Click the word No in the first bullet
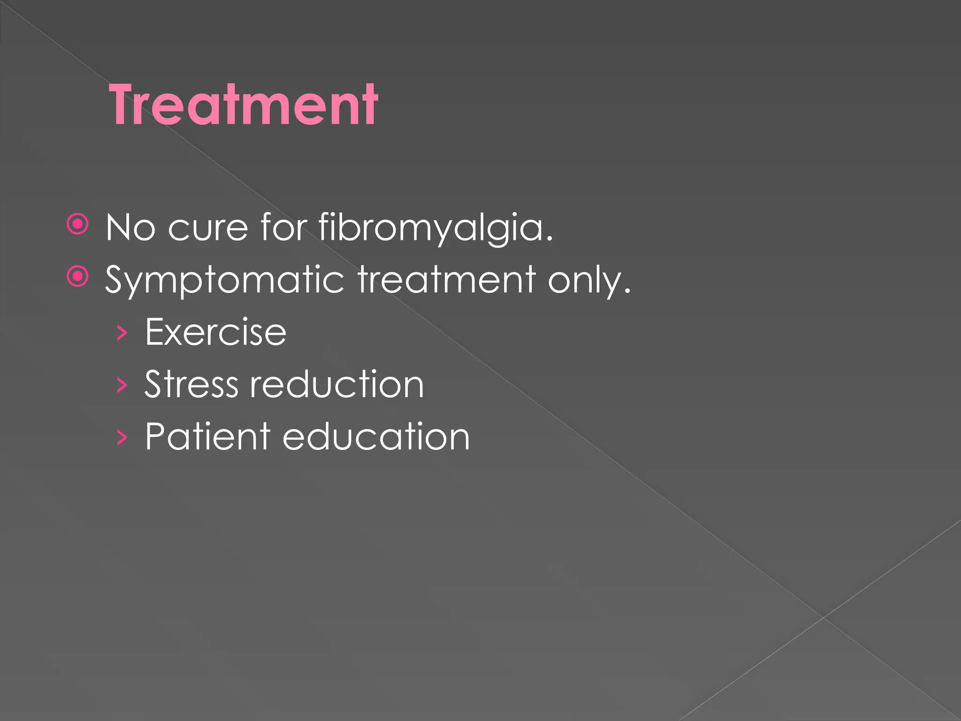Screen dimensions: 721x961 coord(130,227)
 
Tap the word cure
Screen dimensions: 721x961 coord(208,228)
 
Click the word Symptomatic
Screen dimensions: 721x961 coord(225,280)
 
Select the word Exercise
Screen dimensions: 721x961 coord(215,332)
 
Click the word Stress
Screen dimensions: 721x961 coord(191,384)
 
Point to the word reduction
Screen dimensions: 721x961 coord(336,384)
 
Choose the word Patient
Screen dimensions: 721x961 coord(207,436)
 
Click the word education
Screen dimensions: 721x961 coord(376,436)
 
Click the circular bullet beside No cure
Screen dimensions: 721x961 coord(78,224)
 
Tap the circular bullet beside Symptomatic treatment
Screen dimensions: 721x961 coord(78,276)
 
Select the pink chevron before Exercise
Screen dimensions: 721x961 coord(122,333)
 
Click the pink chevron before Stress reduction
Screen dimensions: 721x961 coord(122,385)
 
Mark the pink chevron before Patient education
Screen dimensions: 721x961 coord(122,437)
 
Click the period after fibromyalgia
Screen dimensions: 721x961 coord(549,239)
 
